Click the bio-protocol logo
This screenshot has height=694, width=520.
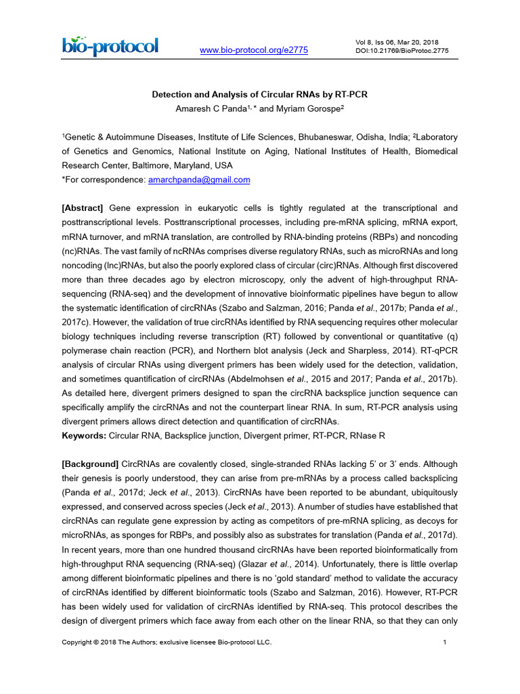pos(110,46)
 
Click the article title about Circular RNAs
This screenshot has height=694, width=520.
pos(259,95)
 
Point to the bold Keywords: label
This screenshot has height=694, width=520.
pos(84,435)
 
